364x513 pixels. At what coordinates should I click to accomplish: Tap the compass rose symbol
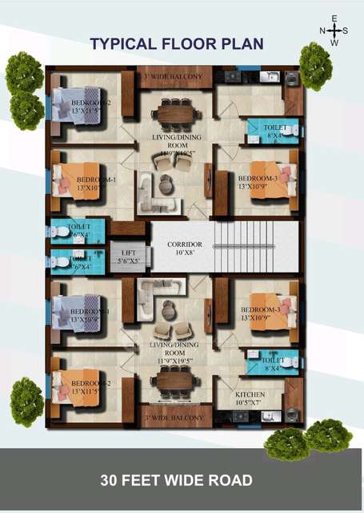tap(334, 30)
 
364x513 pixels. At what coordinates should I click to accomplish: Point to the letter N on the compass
tap(322, 30)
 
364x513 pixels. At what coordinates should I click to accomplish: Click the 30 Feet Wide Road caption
tap(176, 480)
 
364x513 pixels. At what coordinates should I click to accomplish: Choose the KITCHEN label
tap(249, 395)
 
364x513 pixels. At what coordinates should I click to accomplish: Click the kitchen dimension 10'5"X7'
tap(249, 405)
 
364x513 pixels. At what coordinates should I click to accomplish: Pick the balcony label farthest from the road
tap(177, 77)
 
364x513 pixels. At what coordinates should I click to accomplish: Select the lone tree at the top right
tap(315, 66)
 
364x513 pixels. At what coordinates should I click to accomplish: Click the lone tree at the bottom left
tap(26, 402)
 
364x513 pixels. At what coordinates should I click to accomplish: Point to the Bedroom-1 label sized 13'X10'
tap(96, 184)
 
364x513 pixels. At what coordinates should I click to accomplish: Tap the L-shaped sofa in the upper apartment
tap(149, 190)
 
